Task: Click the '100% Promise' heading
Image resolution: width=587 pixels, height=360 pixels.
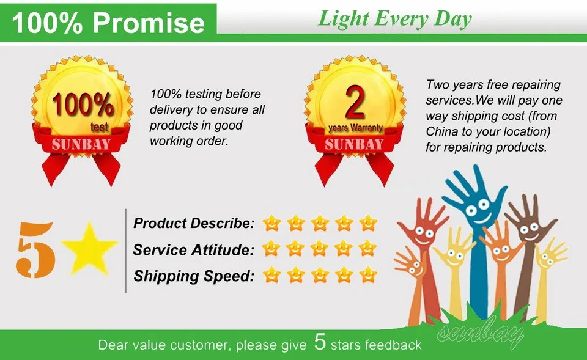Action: coord(108,22)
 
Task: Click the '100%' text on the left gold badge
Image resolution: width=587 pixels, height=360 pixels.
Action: coord(83,105)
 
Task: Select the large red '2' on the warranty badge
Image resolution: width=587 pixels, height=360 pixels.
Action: coord(355,104)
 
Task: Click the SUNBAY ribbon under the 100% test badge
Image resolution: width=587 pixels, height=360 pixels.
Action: coord(81,145)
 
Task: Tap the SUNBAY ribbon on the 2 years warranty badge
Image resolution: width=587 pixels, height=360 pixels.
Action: coord(354,145)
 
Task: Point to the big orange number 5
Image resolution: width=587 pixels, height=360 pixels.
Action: coord(36,249)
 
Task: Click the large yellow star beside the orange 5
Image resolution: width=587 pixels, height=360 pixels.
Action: coord(89,249)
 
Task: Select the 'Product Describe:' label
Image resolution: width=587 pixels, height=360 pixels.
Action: coord(193,224)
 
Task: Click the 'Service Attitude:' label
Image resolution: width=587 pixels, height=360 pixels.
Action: coord(193,249)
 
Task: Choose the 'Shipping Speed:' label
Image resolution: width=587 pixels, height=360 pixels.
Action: coord(193,276)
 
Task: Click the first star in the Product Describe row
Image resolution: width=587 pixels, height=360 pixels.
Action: coord(271,224)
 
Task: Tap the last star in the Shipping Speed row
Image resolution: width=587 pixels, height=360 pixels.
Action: coord(368,275)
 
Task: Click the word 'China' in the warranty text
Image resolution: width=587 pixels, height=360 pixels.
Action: coord(441,132)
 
